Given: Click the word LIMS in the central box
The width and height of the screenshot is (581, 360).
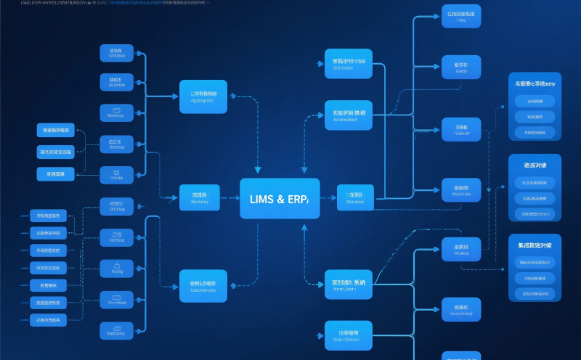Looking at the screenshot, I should coord(261,199).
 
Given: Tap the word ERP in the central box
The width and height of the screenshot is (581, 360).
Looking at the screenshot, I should coord(297,199).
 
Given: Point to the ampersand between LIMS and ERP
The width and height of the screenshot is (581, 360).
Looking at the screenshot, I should coord(280,199).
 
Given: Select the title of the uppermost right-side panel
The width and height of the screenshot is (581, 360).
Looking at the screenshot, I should coord(535,84).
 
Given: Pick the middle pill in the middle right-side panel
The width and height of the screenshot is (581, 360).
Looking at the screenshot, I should coord(535,198).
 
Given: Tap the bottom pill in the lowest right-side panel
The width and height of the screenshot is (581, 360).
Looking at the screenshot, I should coord(535,293).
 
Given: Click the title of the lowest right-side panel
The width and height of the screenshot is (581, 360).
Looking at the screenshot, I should coord(535,247).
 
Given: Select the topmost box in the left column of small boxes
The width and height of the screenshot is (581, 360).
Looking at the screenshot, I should coord(116,53).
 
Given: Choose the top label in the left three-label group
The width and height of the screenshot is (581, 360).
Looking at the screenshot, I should coord(56,131).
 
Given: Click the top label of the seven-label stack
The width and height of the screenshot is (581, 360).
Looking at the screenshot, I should coord(48,216).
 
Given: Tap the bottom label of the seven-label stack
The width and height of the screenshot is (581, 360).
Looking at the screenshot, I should coord(48,319).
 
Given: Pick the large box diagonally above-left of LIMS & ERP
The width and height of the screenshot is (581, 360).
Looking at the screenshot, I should coord(203,97).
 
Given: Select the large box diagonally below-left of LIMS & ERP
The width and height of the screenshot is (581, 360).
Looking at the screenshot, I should coord(203,285).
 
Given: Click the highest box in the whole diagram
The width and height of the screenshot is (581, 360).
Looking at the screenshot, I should coord(461,16).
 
